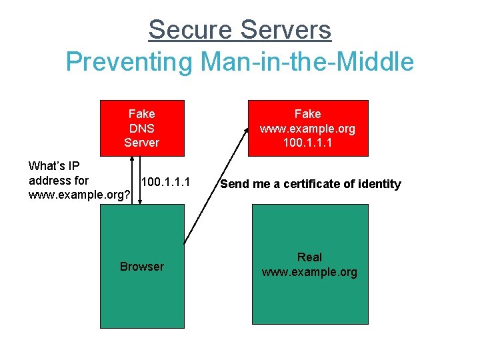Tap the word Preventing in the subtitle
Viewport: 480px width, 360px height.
click(127, 62)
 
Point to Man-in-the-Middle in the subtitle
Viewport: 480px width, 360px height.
click(304, 62)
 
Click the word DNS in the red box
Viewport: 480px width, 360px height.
click(141, 128)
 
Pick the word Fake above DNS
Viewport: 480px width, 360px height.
click(141, 114)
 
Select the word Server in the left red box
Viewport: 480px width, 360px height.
click(141, 142)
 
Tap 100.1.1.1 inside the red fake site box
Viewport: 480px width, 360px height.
click(307, 142)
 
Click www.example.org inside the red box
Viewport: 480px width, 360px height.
click(307, 128)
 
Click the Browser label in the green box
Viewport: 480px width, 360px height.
click(141, 267)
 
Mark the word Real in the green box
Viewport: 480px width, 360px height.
click(309, 257)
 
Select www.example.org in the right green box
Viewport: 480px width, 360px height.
click(309, 272)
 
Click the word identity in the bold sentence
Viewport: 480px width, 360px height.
click(379, 184)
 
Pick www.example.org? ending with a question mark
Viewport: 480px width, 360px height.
click(79, 195)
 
